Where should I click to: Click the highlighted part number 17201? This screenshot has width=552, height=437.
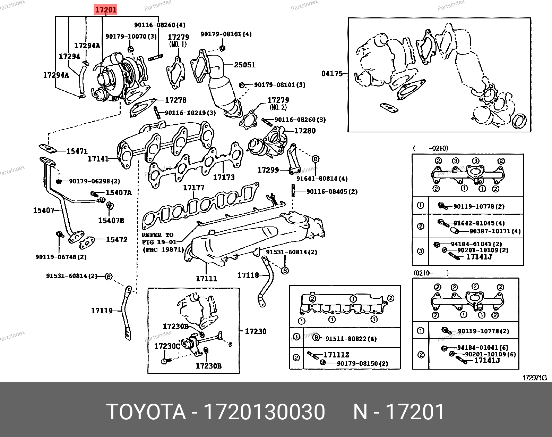coord(106,10)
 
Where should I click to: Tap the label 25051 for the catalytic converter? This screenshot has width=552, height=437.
coord(245,65)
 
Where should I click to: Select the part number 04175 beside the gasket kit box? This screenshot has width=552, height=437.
coord(332,74)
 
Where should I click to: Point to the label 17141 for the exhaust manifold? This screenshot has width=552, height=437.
coord(98,159)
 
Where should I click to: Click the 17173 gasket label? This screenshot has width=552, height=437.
coord(224,177)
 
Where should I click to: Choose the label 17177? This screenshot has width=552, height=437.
coord(194,188)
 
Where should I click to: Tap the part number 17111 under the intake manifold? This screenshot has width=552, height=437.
coord(207,278)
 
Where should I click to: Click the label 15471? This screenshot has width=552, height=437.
coord(77,151)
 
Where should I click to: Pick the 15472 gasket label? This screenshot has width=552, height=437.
coord(117,240)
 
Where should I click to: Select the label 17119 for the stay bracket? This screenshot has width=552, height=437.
coord(102,311)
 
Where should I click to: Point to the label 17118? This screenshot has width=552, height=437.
coord(248,275)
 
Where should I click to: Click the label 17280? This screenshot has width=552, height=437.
coord(305,131)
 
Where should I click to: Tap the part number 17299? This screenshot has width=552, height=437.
coord(268,170)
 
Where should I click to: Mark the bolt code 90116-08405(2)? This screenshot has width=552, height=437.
coord(332,192)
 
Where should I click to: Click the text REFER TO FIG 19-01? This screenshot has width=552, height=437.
coord(159,239)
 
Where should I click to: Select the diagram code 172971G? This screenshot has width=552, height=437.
coord(535,378)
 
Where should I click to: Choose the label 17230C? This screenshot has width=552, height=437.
coord(167,346)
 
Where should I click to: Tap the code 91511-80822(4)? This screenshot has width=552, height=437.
coord(351,339)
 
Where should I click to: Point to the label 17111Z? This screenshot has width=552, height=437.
coord(336,355)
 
